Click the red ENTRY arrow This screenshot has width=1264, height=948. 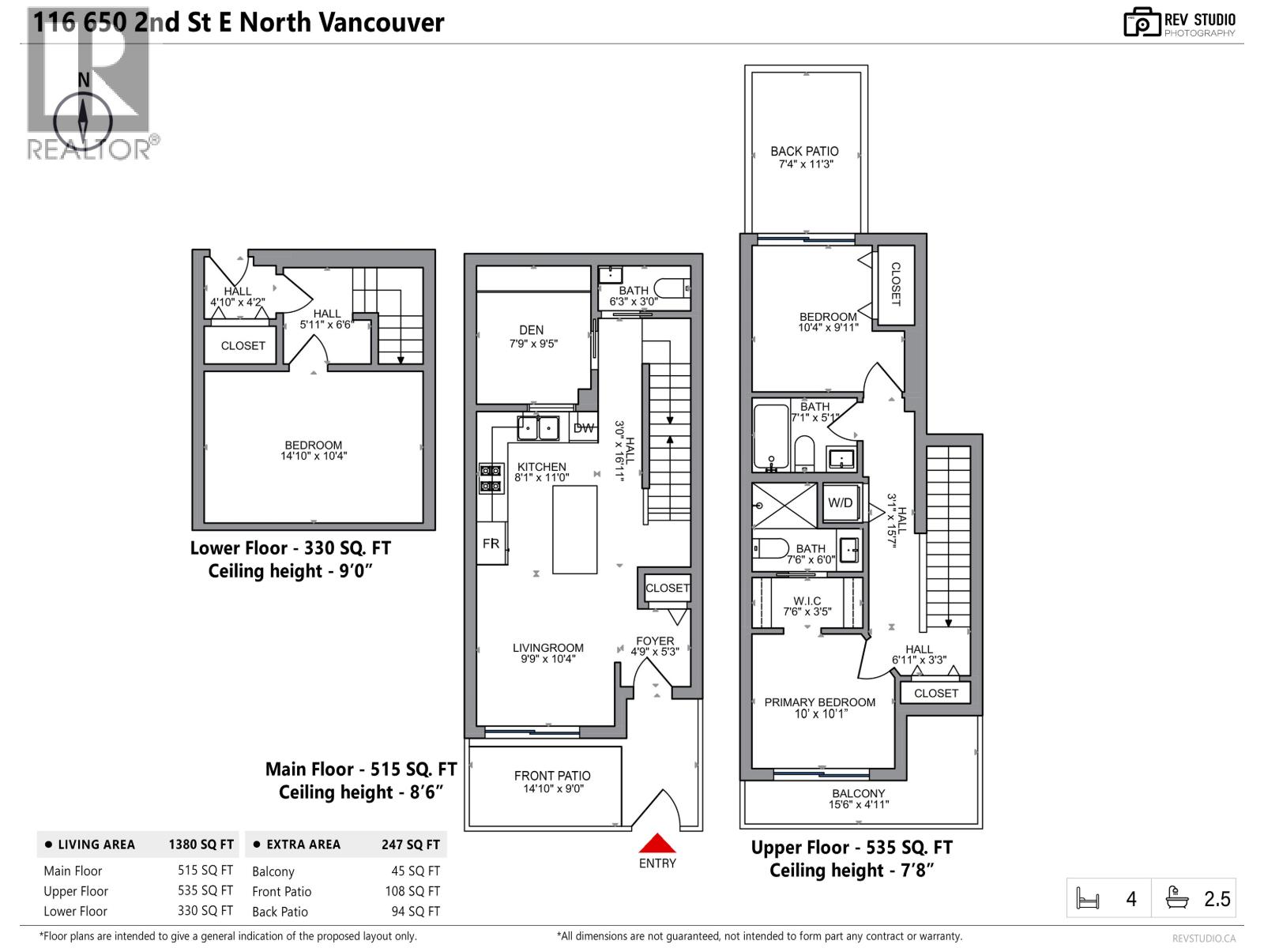(x=657, y=843)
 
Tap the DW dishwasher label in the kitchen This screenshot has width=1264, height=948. (x=583, y=428)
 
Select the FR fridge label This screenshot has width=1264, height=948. (x=491, y=544)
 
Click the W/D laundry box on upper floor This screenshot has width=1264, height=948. (x=840, y=502)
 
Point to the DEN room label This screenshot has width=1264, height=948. (x=532, y=330)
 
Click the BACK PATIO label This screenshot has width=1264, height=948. (x=804, y=151)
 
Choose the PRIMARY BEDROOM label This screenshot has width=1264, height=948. (x=819, y=702)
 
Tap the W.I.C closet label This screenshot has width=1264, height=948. (x=807, y=601)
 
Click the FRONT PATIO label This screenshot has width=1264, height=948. (x=552, y=776)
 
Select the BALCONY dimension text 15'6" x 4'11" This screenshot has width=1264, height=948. (x=858, y=805)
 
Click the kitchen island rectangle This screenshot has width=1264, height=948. (x=574, y=529)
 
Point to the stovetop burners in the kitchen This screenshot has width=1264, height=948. (x=491, y=477)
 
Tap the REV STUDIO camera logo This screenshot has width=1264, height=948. (x=1142, y=22)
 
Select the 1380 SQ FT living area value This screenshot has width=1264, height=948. (x=201, y=844)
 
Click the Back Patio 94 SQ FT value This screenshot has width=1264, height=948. (x=412, y=911)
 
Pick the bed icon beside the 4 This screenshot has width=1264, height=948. (x=1088, y=899)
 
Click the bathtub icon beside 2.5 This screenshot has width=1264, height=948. (x=1177, y=898)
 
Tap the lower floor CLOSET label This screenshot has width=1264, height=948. (x=243, y=345)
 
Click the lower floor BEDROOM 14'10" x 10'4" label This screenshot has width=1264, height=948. (x=314, y=450)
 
